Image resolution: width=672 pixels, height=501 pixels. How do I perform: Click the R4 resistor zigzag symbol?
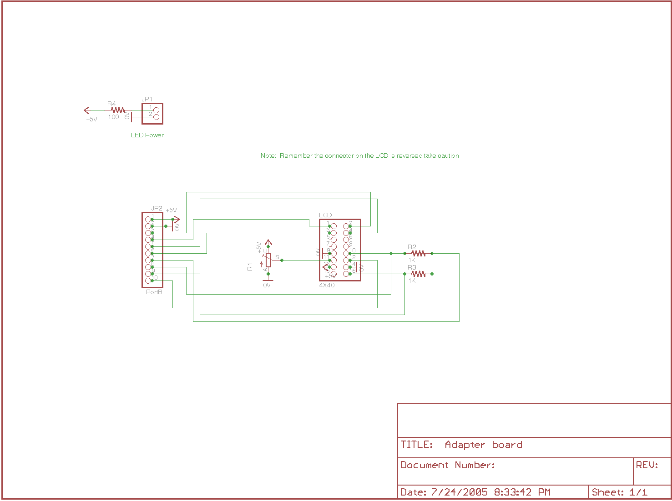point(118,110)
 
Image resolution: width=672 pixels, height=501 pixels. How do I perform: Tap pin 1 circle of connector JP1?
point(156,110)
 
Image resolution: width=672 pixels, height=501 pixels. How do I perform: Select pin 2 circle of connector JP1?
point(156,117)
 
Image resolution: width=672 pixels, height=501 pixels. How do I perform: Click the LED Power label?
point(147,135)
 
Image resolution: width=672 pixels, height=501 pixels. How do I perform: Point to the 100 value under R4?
point(113,117)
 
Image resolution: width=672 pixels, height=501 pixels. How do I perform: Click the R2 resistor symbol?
point(418,253)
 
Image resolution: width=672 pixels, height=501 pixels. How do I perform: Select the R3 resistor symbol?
point(418,274)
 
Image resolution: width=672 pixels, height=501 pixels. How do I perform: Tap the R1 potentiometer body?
point(268,260)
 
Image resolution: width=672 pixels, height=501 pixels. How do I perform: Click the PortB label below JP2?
point(154,292)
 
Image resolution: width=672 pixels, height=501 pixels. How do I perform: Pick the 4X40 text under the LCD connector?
point(327,286)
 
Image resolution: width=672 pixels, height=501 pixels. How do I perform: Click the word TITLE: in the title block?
point(417,445)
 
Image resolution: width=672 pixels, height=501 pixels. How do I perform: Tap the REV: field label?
point(647,465)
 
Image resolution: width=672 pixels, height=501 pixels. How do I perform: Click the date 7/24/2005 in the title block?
point(459,492)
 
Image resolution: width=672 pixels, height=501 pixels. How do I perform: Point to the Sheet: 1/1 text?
point(619,492)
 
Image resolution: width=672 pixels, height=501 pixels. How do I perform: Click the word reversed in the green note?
point(409,155)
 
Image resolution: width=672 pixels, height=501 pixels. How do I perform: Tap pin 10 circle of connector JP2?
point(148,281)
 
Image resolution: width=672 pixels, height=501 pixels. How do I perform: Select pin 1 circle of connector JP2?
point(148,219)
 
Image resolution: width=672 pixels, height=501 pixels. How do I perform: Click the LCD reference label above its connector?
point(325,215)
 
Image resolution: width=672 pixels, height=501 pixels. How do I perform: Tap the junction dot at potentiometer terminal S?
point(282,260)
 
